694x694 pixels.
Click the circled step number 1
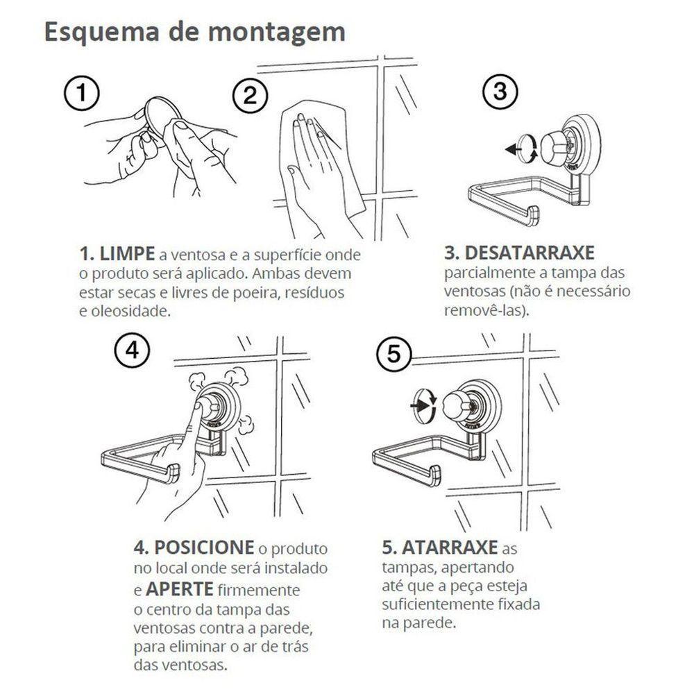pos(83,93)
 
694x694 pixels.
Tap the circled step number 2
pos(251,96)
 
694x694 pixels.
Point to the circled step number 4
pos(131,351)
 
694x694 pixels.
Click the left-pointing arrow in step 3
pos(513,148)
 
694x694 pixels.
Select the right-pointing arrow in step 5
pos(418,400)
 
